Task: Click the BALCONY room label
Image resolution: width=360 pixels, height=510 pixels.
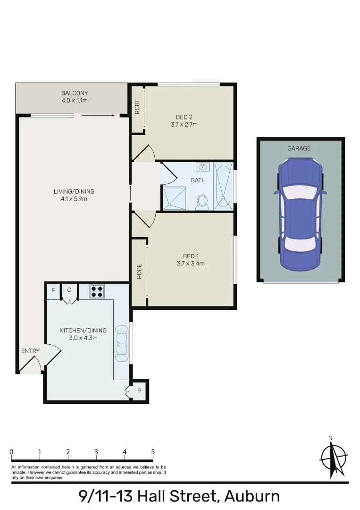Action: (75, 93)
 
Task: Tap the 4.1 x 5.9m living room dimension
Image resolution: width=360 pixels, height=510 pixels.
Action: (74, 199)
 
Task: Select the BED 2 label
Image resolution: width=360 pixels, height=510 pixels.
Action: (184, 117)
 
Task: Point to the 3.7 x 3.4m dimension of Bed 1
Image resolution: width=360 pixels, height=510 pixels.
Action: (187, 263)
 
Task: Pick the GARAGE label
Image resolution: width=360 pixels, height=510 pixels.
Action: (299, 148)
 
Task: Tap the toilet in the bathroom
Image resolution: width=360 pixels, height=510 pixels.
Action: (202, 202)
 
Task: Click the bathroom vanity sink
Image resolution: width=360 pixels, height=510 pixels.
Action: (203, 167)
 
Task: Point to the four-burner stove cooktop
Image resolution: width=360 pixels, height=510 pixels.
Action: (97, 291)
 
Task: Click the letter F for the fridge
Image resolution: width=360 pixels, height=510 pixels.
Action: (53, 290)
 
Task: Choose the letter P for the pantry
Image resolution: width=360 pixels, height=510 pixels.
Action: (139, 391)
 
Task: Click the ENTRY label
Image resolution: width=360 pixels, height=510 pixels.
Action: (30, 351)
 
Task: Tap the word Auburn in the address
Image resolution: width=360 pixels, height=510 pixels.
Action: (252, 496)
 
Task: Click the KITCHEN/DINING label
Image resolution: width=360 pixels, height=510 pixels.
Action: (83, 331)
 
